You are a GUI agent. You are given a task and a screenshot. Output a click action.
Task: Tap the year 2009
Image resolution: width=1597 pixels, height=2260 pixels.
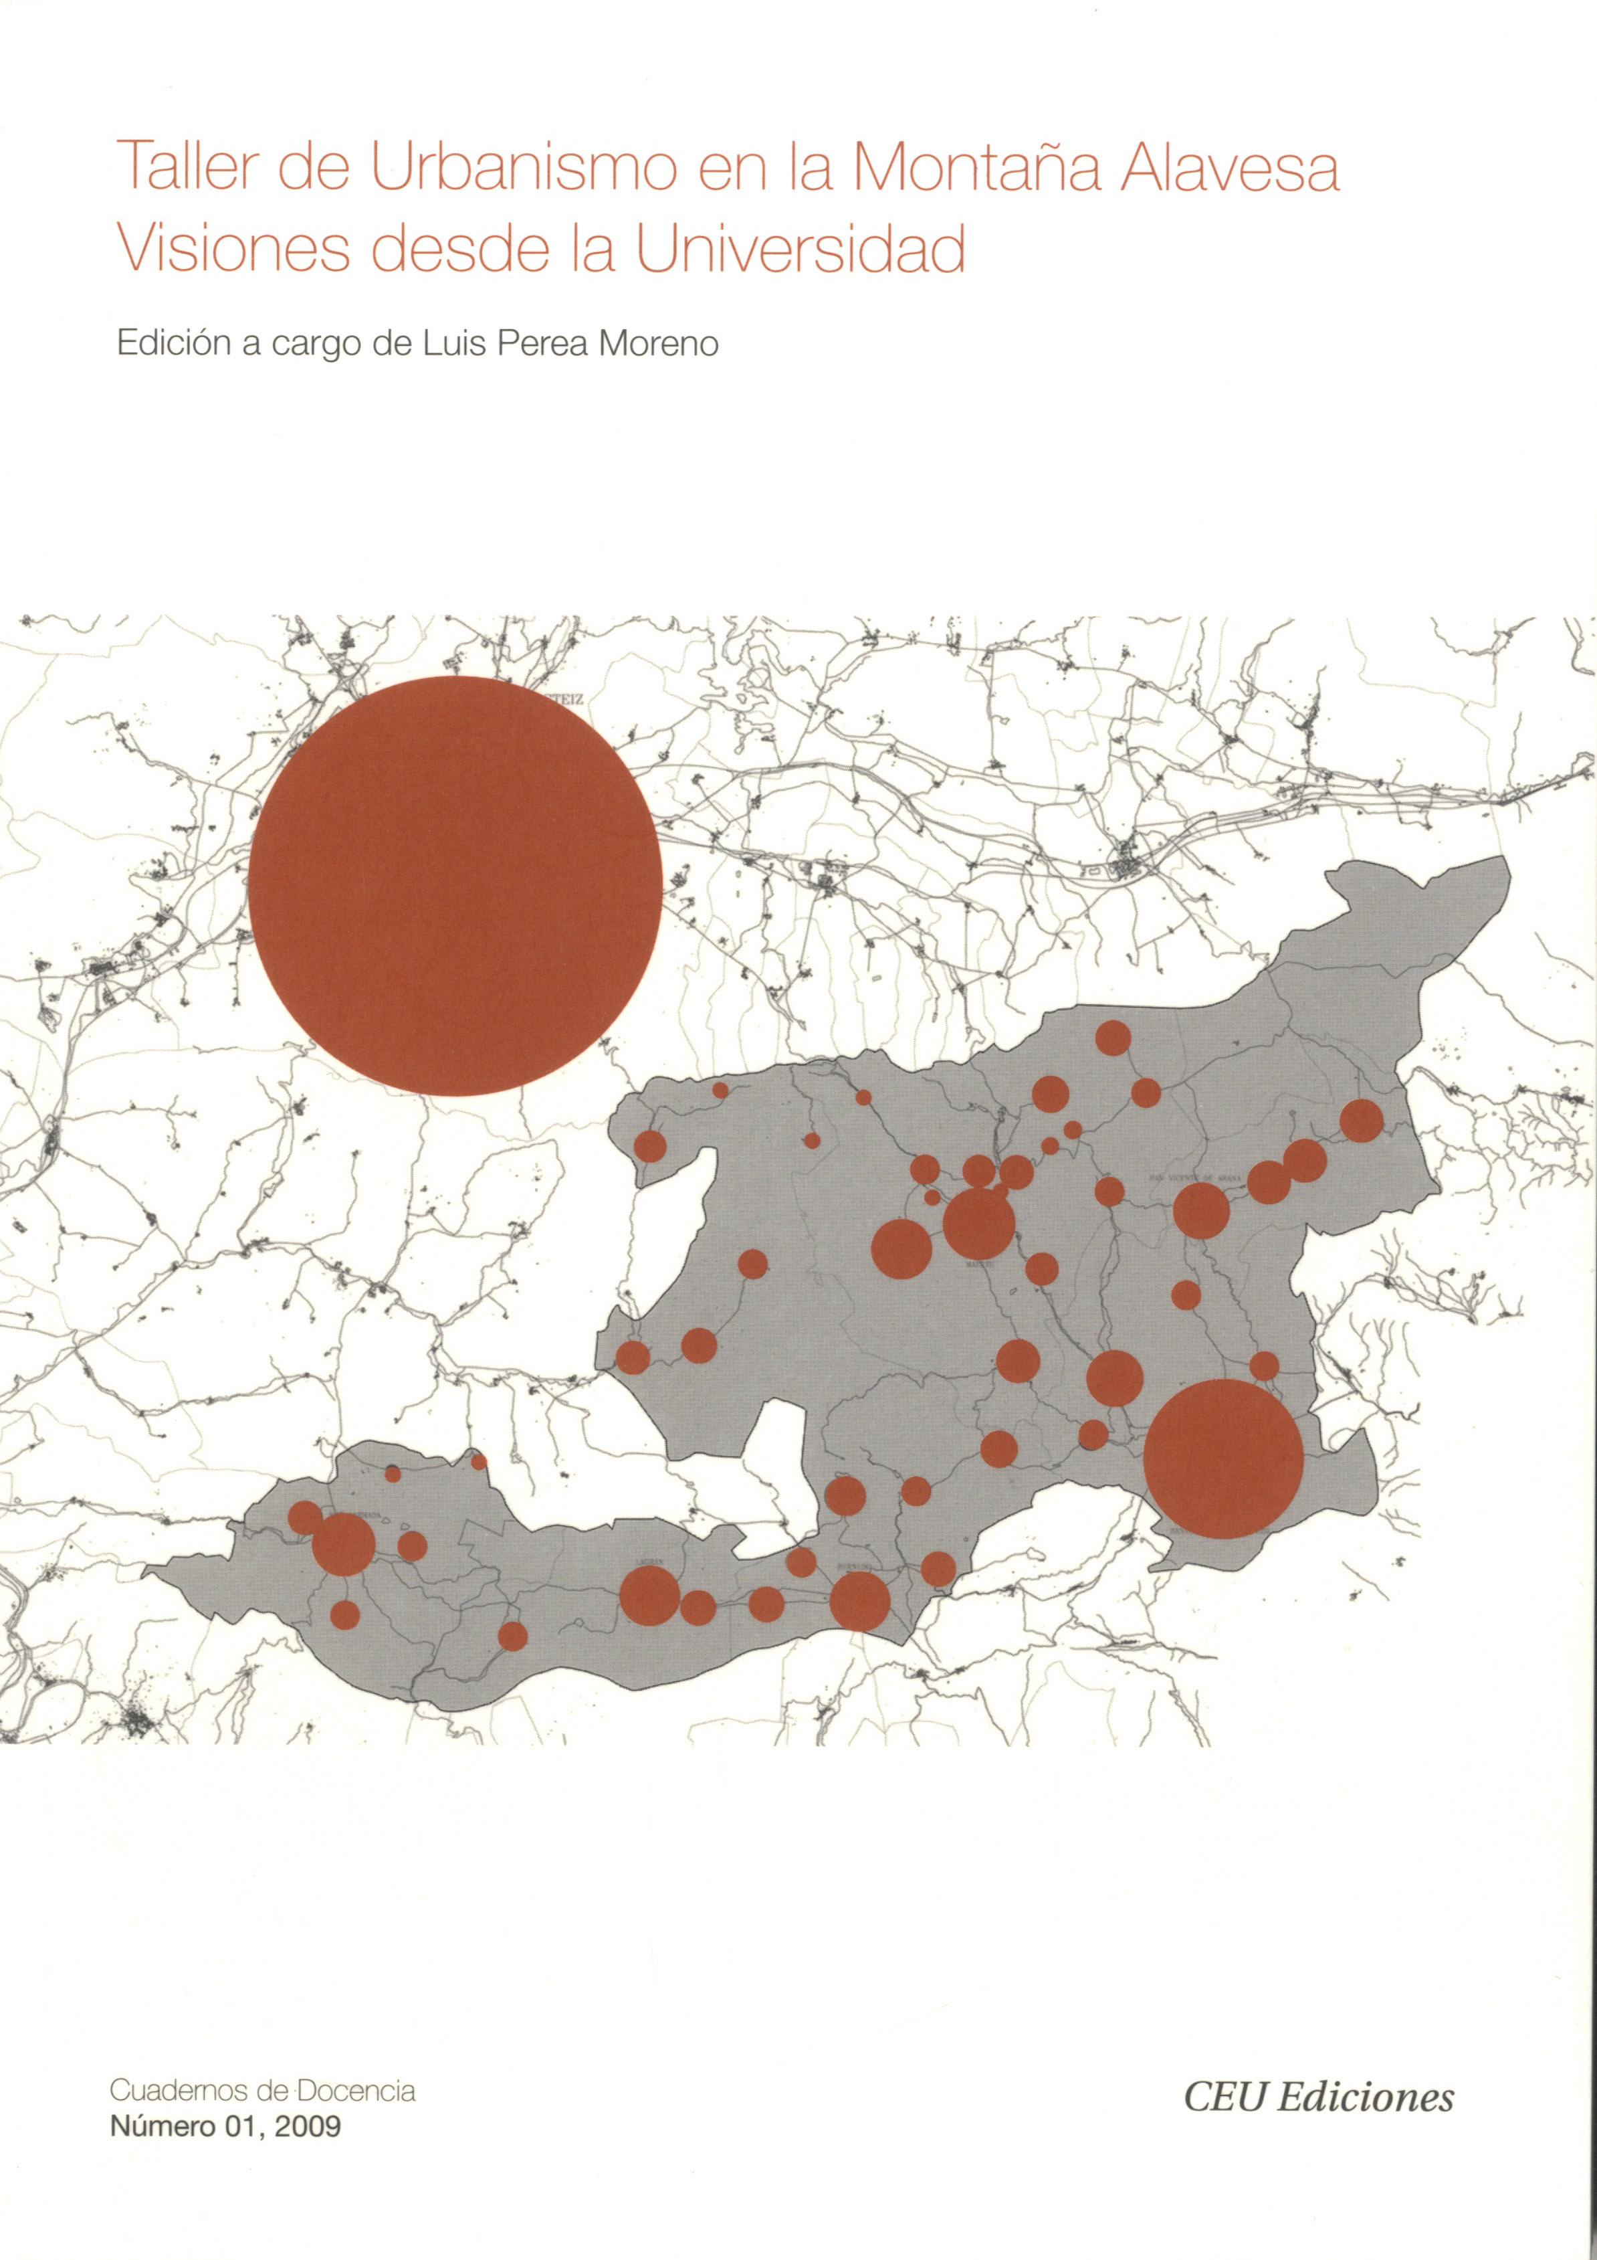point(308,2126)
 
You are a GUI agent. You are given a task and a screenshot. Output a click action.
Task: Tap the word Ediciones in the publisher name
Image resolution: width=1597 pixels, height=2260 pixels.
point(1365,2097)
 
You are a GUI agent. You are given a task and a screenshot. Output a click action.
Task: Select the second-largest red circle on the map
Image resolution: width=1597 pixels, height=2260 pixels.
point(1223,1458)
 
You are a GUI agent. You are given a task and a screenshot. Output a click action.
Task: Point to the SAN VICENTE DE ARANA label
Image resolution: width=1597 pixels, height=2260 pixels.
point(1192,1176)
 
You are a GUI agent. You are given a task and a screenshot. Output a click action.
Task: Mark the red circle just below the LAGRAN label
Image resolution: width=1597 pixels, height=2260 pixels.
point(649,1594)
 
